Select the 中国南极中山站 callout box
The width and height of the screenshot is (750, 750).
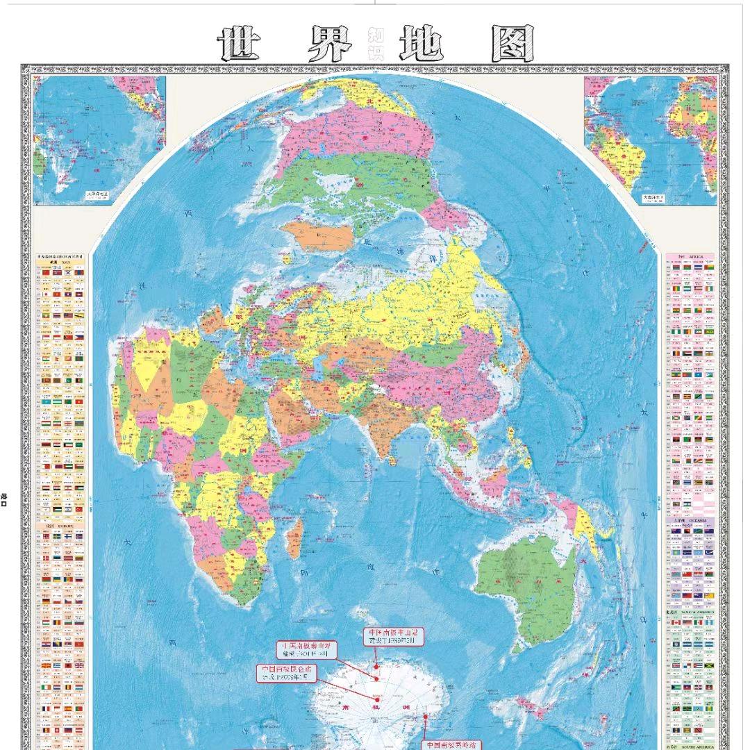pos(394,636)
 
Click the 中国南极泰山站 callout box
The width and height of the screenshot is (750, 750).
pos(307,649)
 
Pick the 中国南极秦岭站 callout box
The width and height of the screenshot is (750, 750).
pos(452,744)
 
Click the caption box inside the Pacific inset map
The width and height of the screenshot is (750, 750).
pos(97,197)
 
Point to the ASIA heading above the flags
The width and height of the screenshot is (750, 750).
pos(60,262)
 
